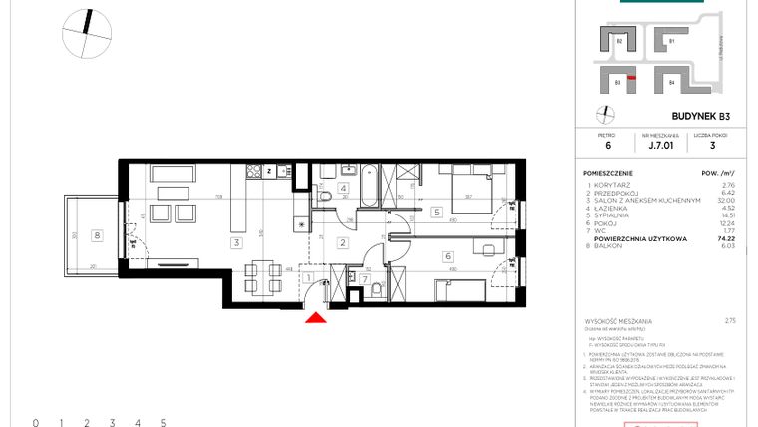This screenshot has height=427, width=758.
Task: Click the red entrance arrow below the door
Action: coord(315,318)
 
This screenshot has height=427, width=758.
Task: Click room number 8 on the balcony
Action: coord(96,235)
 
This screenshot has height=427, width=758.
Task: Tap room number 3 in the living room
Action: coord(236,242)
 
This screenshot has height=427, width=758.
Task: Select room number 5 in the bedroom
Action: coord(436,213)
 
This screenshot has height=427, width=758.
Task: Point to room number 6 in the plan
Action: coord(448,256)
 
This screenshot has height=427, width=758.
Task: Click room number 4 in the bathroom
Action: coord(343,188)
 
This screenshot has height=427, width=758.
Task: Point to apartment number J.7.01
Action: coord(660,145)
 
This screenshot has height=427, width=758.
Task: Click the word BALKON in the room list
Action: coord(607,247)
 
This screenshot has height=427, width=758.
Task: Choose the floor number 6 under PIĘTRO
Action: coord(606,145)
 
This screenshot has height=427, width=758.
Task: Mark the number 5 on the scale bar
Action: coord(163,423)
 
